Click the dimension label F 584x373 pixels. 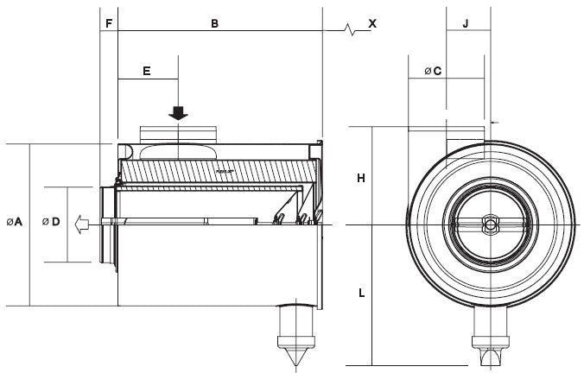(108, 22)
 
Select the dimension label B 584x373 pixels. (215, 22)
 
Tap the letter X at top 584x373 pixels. (372, 23)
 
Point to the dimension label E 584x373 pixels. (147, 70)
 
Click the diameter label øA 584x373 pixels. (15, 223)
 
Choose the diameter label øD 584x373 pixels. (51, 223)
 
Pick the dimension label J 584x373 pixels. (465, 22)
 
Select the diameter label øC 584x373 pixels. (433, 71)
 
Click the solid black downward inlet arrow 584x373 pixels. (178, 113)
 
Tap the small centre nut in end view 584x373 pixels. (490, 225)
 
